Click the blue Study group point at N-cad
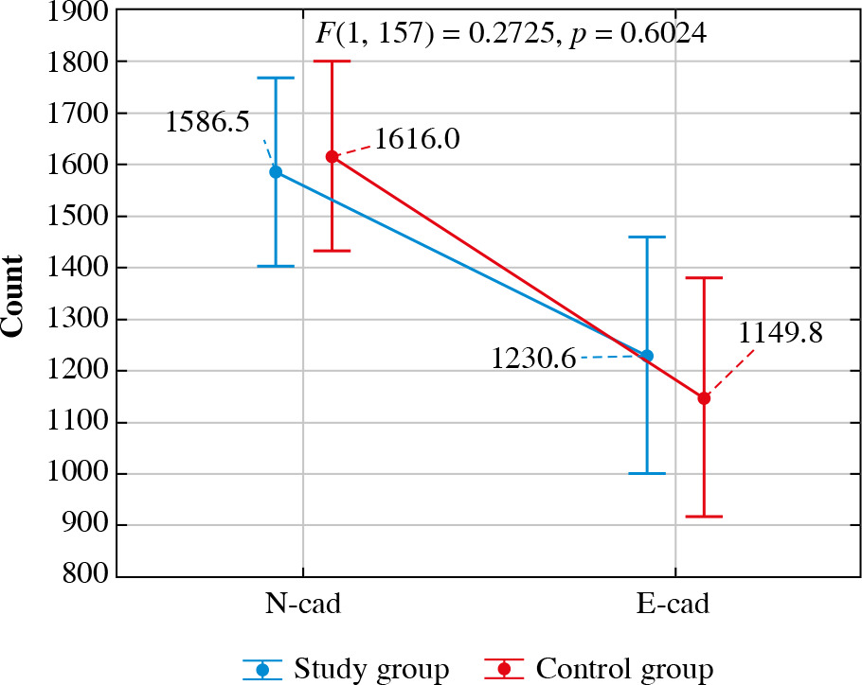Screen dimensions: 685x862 [x=276, y=172]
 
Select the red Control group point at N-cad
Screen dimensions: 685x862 [x=332, y=157]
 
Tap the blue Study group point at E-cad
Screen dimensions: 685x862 [x=648, y=356]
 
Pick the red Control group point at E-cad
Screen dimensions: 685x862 [x=704, y=398]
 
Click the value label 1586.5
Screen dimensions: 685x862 [x=208, y=123]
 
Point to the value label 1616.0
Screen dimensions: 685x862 [x=417, y=140]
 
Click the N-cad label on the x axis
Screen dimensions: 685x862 [x=302, y=605]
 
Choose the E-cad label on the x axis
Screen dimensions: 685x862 [x=675, y=605]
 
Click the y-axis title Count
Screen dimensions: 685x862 [x=13, y=294]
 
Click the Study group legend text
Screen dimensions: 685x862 [x=371, y=669]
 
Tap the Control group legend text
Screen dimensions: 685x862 [x=624, y=669]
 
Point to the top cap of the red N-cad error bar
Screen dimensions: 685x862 [x=332, y=61]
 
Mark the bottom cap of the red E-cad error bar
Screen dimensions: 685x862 [x=704, y=517]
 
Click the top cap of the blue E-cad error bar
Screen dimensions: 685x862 [x=648, y=237]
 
